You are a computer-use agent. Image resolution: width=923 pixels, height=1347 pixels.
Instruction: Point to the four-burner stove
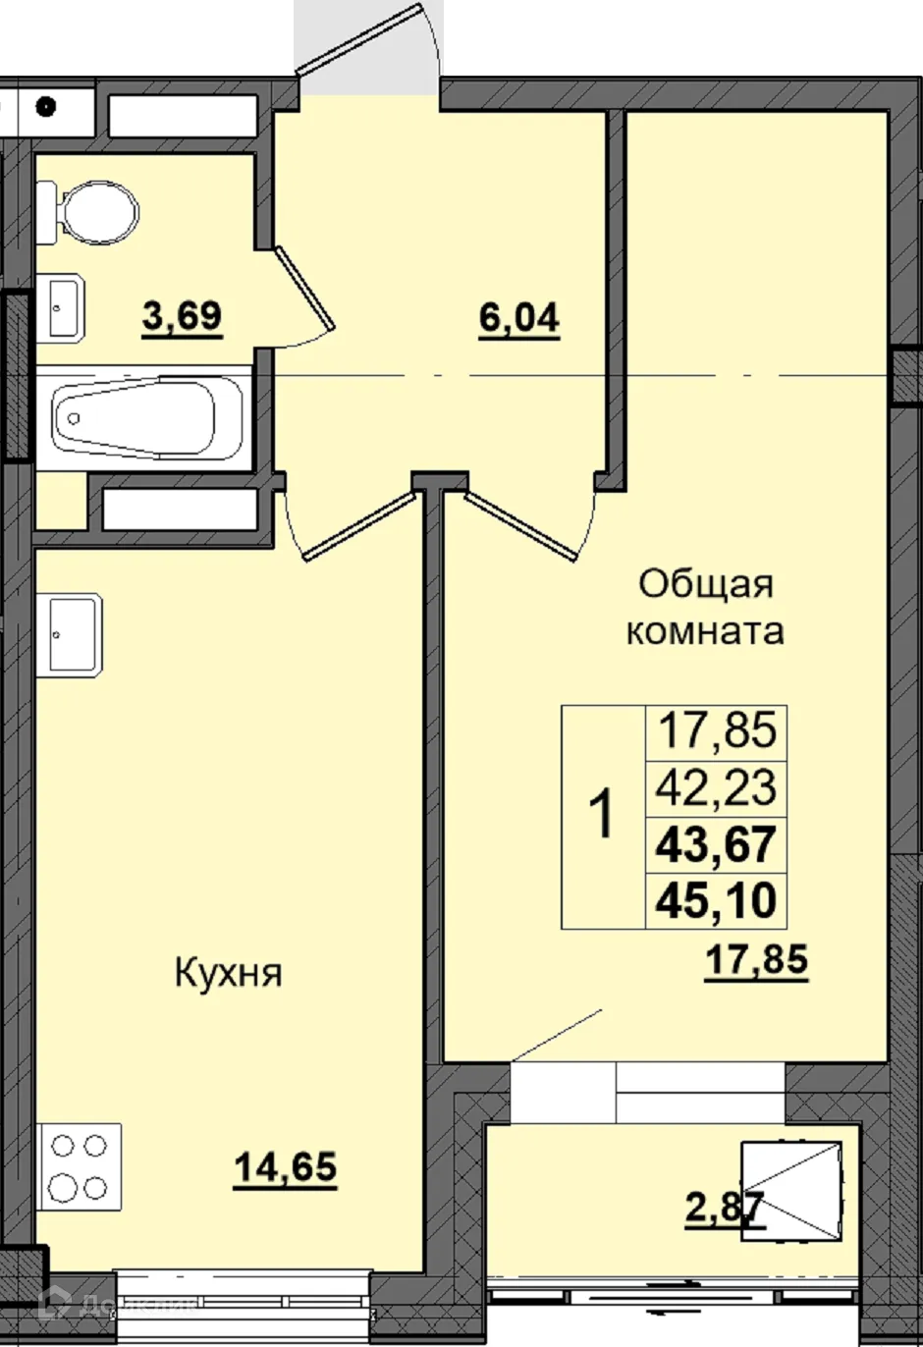[x=80, y=1166]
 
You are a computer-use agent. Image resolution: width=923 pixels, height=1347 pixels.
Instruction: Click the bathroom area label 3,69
[x=183, y=317]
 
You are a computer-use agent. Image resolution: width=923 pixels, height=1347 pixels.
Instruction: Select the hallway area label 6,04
[x=518, y=318]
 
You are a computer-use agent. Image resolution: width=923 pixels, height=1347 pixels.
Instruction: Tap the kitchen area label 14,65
[x=285, y=1167]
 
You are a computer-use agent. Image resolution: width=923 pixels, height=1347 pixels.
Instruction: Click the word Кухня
[x=228, y=974]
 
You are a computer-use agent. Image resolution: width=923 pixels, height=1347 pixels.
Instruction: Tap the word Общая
[x=705, y=584]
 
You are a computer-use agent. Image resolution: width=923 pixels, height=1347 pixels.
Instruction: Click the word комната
[x=705, y=631]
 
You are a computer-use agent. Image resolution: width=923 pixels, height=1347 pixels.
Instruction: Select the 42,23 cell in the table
[x=717, y=787]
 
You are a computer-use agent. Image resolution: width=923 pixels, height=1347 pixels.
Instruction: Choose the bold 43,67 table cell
[x=717, y=843]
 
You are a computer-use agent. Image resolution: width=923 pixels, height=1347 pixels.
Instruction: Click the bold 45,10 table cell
[x=717, y=898]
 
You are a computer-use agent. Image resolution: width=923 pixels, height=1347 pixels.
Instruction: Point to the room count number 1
[x=603, y=816]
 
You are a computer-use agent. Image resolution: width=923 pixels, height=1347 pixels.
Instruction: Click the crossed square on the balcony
[x=791, y=1192]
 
